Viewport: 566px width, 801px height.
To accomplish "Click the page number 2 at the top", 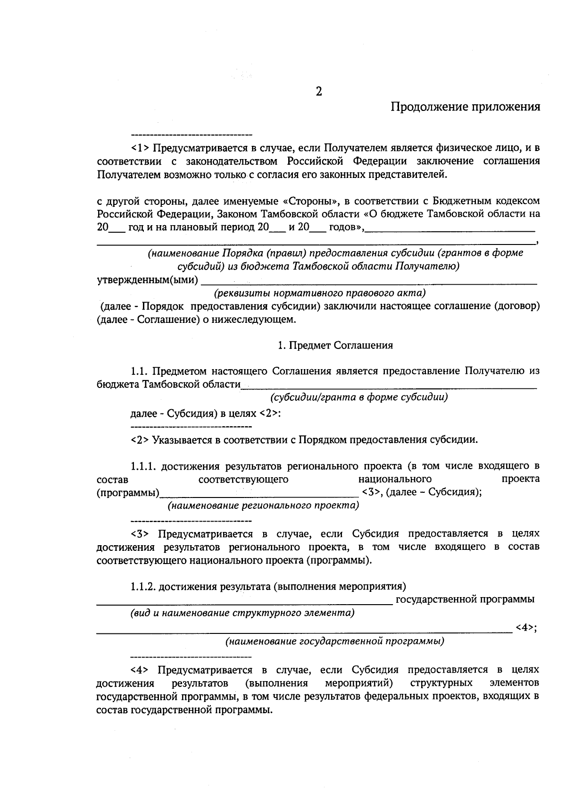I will point(319,92).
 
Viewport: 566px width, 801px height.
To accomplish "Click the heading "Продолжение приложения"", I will point(465,107).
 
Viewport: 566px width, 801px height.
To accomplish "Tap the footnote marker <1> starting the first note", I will point(140,148).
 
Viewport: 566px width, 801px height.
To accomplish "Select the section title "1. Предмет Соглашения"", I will point(335,345).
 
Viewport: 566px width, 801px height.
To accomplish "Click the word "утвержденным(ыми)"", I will point(147,280).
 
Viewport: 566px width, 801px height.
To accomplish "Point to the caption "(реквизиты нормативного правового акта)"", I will point(320,293).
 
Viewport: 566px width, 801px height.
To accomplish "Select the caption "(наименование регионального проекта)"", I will point(264,506).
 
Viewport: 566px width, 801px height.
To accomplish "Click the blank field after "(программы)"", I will point(259,494).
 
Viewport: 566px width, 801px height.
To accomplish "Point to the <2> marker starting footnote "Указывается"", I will point(140,440).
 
